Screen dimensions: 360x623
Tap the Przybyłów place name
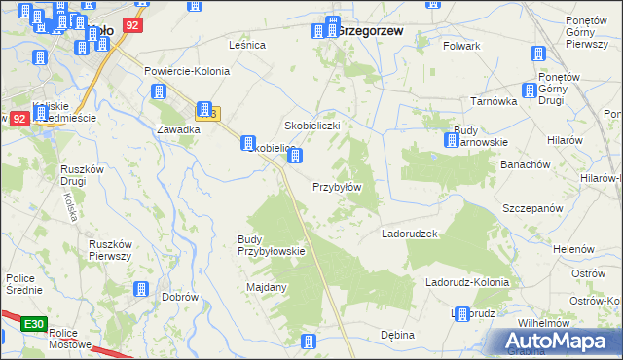[337, 187]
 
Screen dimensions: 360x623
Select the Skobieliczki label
[311, 126]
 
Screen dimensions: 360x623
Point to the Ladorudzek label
[411, 234]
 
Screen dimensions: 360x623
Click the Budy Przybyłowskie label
[272, 245]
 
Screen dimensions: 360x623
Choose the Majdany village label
[267, 287]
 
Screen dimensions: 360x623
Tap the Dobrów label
[181, 297]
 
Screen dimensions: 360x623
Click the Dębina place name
[397, 335]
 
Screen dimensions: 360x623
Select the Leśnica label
[247, 45]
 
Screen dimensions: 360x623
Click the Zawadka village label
[178, 128]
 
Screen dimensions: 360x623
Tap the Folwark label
[461, 46]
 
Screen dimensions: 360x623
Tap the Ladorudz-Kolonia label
[467, 282]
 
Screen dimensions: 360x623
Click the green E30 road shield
[34, 323]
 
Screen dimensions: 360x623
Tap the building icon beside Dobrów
[140, 289]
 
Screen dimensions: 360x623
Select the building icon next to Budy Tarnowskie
[452, 141]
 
